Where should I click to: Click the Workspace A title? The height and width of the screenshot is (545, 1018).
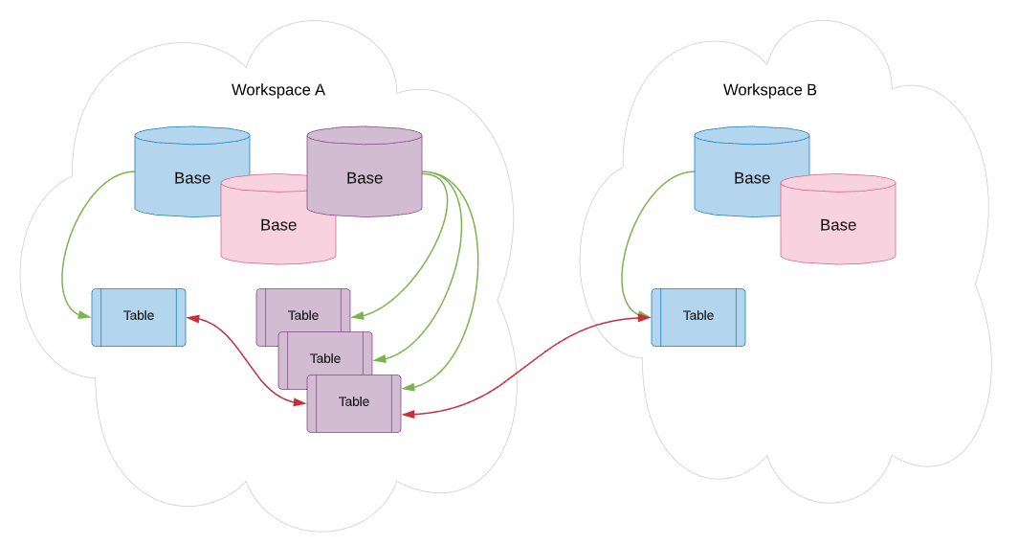(277, 90)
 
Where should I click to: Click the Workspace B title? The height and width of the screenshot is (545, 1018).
(769, 90)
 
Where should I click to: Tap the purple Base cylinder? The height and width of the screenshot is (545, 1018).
(365, 171)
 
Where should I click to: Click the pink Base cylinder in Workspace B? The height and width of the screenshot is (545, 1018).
(837, 219)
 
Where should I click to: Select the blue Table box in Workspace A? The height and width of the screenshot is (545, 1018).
(139, 317)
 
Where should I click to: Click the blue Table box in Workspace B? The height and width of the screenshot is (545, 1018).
(697, 317)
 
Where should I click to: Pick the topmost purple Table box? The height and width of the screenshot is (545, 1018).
(303, 309)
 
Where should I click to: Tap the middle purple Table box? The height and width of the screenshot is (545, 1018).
(325, 354)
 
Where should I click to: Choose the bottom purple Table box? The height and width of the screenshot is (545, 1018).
(354, 403)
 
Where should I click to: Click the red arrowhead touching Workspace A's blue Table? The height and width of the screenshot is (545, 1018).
(193, 318)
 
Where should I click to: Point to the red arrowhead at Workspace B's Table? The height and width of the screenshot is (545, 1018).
(644, 317)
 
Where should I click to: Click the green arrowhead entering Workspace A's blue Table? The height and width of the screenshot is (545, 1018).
(85, 316)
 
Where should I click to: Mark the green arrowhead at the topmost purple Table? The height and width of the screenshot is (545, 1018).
(358, 316)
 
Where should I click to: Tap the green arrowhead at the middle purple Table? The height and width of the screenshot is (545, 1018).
(380, 358)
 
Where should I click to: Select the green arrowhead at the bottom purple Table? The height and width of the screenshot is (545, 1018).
(409, 388)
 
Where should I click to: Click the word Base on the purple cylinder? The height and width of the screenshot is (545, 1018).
(365, 178)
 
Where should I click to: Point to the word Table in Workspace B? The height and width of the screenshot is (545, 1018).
(697, 315)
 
